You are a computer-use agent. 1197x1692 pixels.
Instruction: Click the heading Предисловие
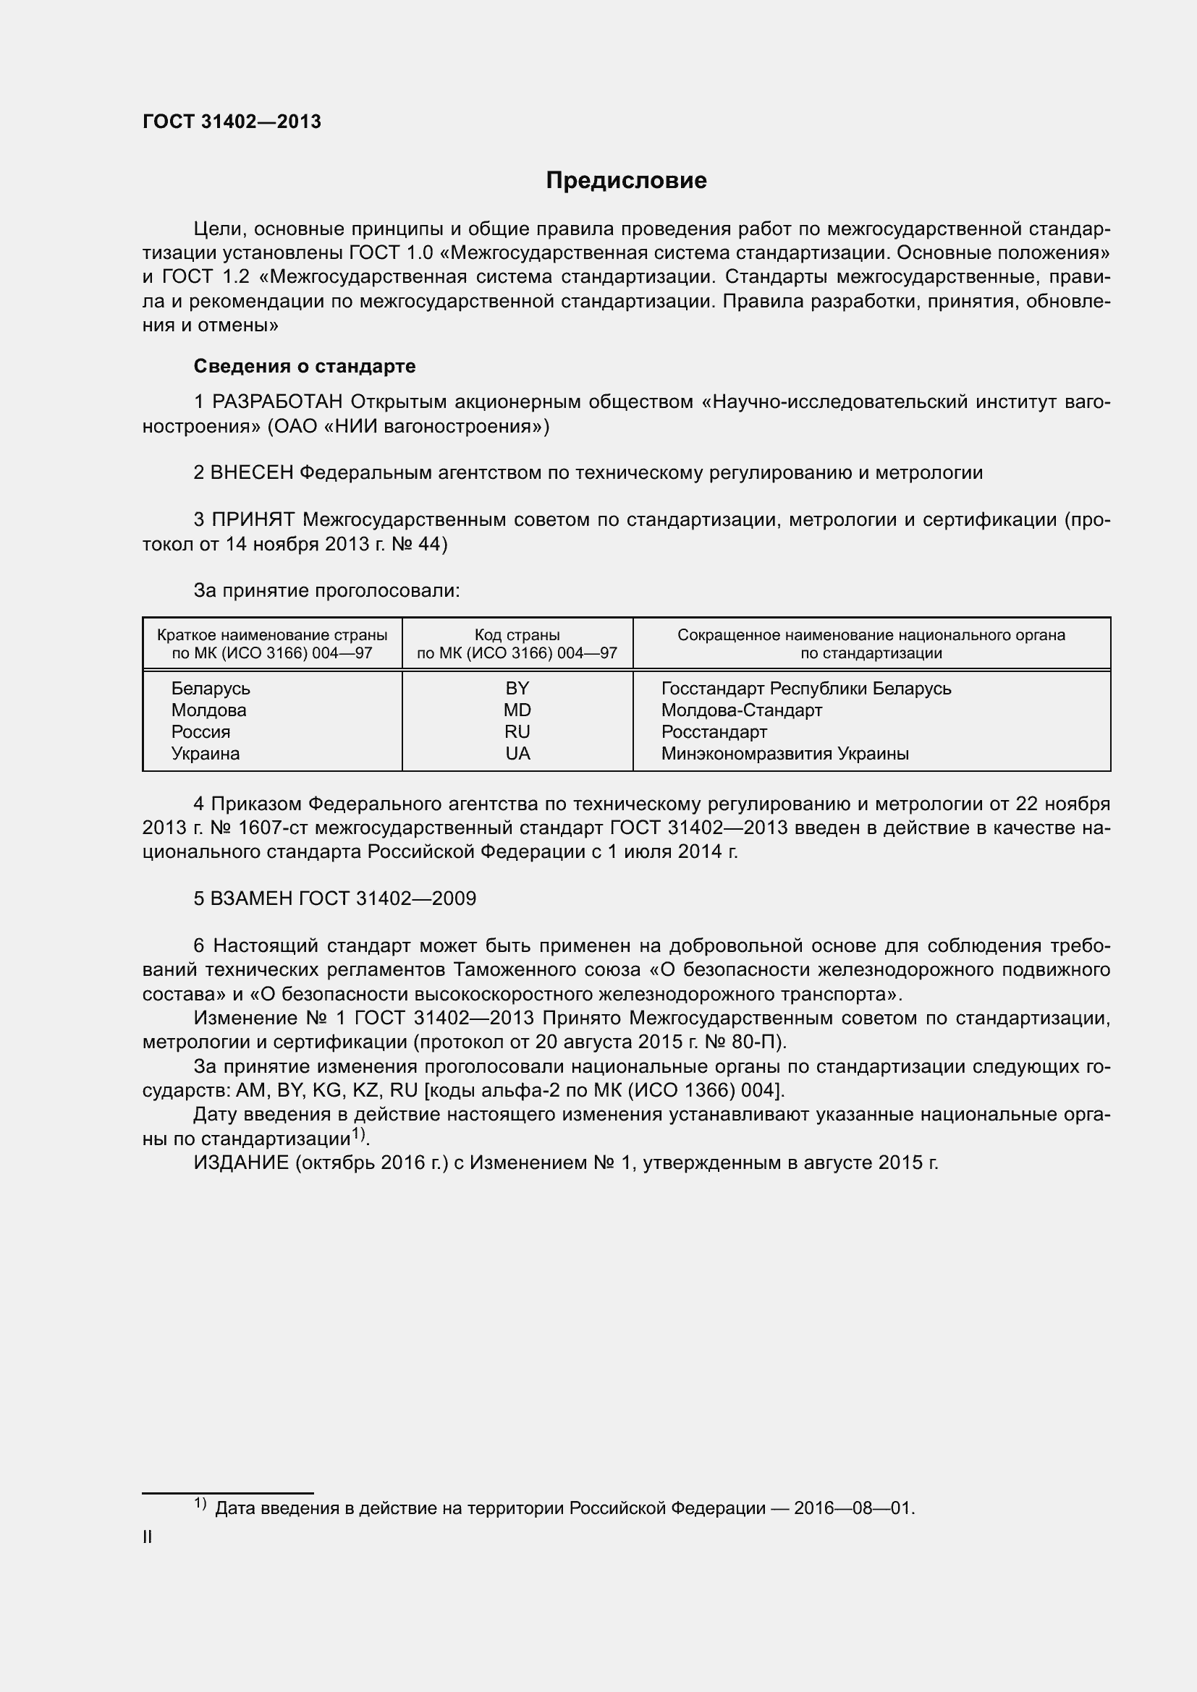coord(626,181)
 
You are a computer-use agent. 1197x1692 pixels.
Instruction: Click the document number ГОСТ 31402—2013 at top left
coord(232,122)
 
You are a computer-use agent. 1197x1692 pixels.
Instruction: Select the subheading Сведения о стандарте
coord(304,366)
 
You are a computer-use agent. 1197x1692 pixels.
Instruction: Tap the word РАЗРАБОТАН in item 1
coord(277,402)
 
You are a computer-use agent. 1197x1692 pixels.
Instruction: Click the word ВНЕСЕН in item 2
coord(251,472)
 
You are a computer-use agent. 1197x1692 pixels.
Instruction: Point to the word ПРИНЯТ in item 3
coord(253,519)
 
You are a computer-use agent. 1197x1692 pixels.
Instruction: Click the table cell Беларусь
coord(211,688)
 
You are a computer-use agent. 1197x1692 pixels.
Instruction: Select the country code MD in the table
coord(517,710)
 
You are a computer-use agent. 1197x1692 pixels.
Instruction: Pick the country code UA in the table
coord(517,753)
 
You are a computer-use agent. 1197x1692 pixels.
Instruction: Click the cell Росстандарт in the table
coord(714,732)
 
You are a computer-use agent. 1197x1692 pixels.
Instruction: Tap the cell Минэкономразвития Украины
coord(784,753)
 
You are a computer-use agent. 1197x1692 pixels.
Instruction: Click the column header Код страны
coord(517,635)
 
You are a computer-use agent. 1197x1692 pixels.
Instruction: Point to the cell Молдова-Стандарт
coord(741,710)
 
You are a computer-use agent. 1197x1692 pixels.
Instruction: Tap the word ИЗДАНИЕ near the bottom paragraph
coord(241,1162)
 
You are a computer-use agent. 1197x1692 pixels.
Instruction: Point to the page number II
coord(148,1537)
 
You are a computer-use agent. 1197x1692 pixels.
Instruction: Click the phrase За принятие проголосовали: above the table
coord(326,590)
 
